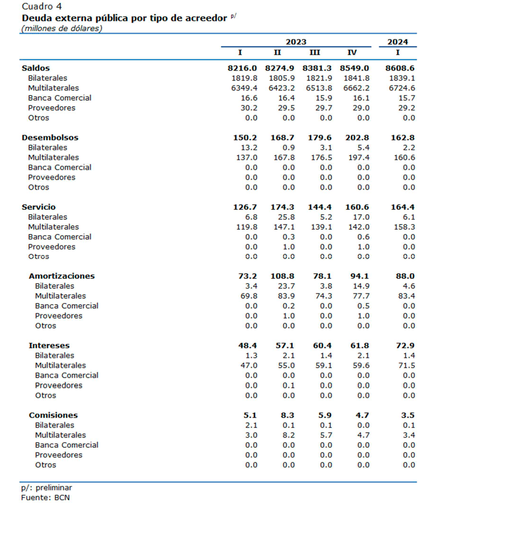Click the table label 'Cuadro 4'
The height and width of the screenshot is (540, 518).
[x=42, y=7]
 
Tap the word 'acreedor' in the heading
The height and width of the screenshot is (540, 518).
[x=206, y=18]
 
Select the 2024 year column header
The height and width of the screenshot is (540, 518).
[x=397, y=42]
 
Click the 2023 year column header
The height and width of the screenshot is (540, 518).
[x=296, y=42]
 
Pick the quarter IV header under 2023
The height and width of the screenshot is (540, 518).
[x=352, y=53]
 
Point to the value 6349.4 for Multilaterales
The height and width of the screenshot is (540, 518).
[x=244, y=88]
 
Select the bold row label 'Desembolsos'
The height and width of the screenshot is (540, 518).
[x=50, y=138]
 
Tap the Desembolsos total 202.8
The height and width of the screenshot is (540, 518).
[x=357, y=138]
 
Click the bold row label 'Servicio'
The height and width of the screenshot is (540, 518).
[x=38, y=207]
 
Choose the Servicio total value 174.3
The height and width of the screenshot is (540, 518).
[x=282, y=207]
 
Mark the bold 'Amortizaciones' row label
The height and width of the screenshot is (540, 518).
[x=62, y=276]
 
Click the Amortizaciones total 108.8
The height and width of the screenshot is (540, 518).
[x=282, y=276]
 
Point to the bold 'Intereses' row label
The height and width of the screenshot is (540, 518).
[x=49, y=345]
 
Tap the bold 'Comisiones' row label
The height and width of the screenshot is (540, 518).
[x=54, y=415]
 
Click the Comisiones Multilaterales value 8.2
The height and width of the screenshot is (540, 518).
[x=289, y=435]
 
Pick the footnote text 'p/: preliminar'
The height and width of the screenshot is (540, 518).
[x=46, y=487]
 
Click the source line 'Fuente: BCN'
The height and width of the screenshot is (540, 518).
[x=45, y=498]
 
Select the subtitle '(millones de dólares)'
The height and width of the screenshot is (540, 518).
[x=62, y=28]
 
